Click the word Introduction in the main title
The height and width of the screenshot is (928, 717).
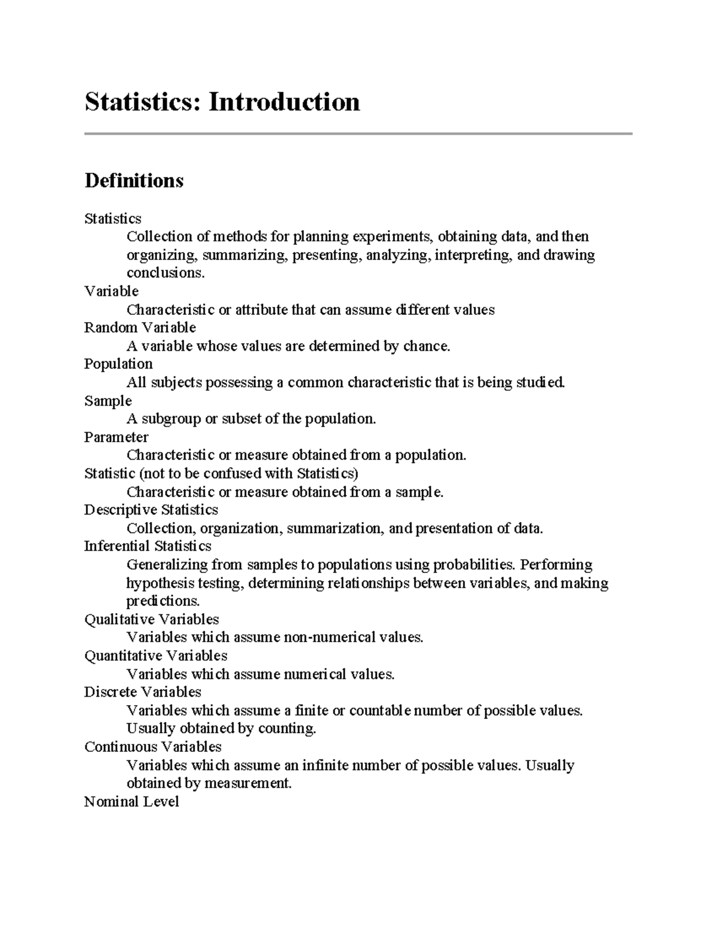tap(284, 102)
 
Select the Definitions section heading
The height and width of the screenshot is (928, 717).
tap(134, 180)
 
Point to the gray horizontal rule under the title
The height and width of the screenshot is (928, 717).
tap(358, 134)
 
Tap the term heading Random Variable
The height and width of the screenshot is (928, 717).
tap(140, 327)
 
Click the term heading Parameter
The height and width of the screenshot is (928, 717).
tap(116, 437)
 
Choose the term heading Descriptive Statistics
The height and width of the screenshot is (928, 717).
tap(151, 510)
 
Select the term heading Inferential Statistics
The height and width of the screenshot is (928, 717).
tap(148, 546)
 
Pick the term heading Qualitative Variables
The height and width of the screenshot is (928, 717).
tap(152, 619)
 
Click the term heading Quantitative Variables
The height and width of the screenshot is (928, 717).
tap(155, 656)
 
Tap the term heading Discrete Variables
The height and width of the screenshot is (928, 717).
tap(142, 692)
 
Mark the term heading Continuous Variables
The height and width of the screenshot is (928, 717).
tap(152, 747)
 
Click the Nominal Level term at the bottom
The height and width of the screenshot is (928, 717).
tap(131, 802)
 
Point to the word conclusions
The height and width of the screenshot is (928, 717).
tap(164, 273)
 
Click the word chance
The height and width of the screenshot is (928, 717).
tap(426, 346)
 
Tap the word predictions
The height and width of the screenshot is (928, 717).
tap(162, 601)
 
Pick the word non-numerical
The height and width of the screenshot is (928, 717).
tap(330, 638)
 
